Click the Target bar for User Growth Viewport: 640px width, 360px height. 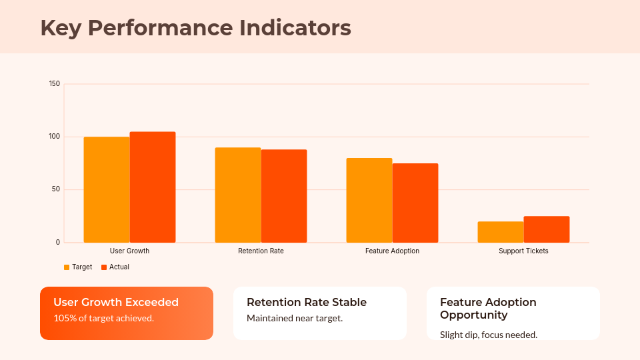pyautogui.click(x=107, y=189)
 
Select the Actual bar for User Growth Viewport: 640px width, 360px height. pyautogui.click(x=153, y=187)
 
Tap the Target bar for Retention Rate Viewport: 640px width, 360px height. pyautogui.click(x=238, y=195)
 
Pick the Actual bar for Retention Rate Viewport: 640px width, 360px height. pyautogui.click(x=284, y=196)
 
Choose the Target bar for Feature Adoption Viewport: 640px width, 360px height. pyautogui.click(x=369, y=200)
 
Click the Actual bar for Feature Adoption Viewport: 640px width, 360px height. pyautogui.click(x=415, y=203)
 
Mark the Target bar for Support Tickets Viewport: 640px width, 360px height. pyautogui.click(x=501, y=232)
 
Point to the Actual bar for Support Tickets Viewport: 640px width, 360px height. pyautogui.click(x=547, y=229)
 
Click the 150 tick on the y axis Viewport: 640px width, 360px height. pyautogui.click(x=55, y=84)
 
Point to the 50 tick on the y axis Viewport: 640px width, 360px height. pyautogui.click(x=56, y=189)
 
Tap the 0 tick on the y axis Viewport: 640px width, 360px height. pyautogui.click(x=58, y=243)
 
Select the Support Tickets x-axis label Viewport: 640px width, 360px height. pyautogui.click(x=523, y=251)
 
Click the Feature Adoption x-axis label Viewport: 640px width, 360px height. pyautogui.click(x=392, y=251)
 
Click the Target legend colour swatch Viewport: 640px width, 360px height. pyautogui.click(x=67, y=267)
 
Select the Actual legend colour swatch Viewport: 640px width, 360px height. pyautogui.click(x=104, y=267)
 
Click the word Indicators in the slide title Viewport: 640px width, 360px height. pyautogui.click(x=295, y=28)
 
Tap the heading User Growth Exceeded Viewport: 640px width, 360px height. pyautogui.click(x=116, y=302)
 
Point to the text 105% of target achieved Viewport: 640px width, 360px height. pyautogui.click(x=103, y=318)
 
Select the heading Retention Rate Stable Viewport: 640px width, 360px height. pyautogui.click(x=307, y=302)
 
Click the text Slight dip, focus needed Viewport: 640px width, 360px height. pyautogui.click(x=489, y=335)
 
